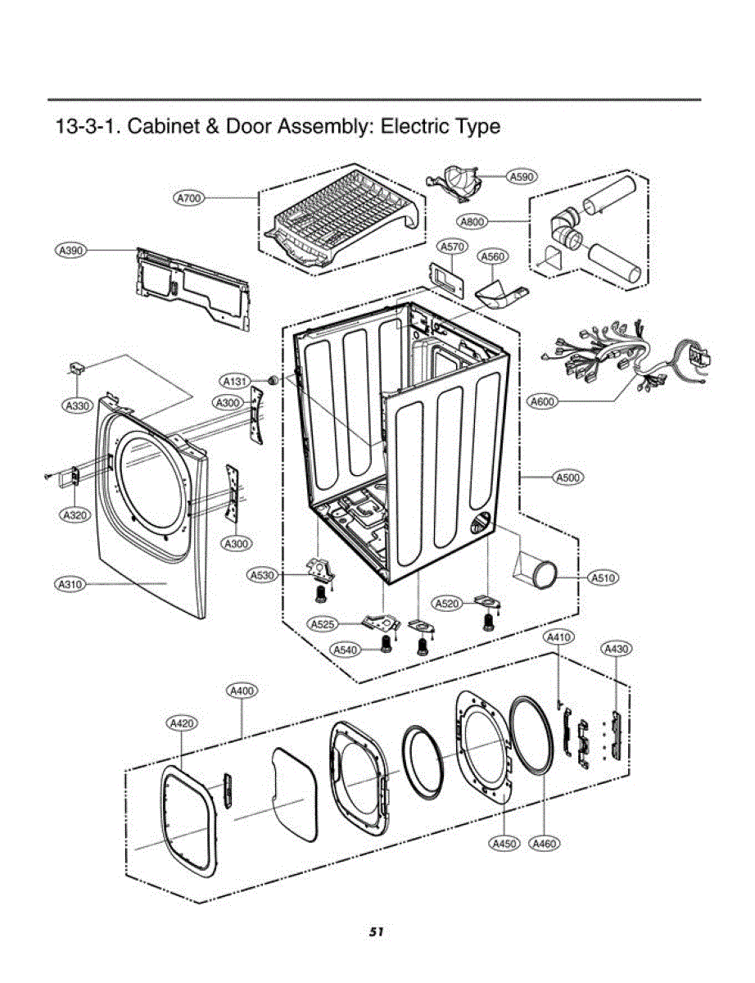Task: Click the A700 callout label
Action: tap(189, 198)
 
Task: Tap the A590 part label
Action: tap(521, 176)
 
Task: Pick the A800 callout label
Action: tap(472, 220)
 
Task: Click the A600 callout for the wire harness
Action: tap(543, 401)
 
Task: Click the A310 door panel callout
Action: tap(71, 585)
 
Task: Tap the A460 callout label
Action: tap(545, 843)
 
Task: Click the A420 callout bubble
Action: tap(181, 723)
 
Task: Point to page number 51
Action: tap(377, 931)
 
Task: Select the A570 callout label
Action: tap(452, 246)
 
